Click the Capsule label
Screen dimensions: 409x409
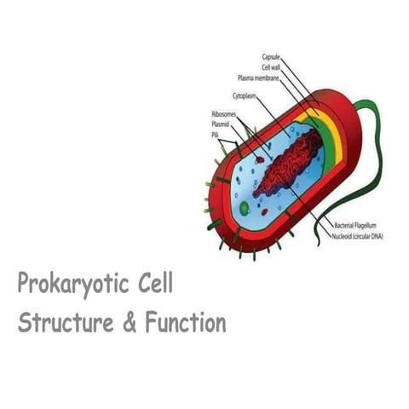point(271,58)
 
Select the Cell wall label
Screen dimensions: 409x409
point(271,67)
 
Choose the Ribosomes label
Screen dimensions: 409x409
point(223,114)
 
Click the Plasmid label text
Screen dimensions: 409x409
point(220,124)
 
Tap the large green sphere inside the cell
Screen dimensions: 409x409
point(245,207)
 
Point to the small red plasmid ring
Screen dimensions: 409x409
point(258,158)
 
